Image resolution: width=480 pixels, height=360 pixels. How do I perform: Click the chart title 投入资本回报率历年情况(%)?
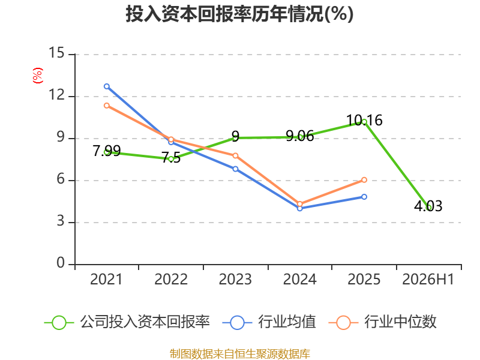coord(239,14)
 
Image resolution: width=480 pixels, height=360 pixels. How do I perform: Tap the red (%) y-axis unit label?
coord(38,76)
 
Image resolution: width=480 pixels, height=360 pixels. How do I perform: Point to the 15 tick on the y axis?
coord(56,53)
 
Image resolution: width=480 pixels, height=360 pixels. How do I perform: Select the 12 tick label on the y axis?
coord(56,95)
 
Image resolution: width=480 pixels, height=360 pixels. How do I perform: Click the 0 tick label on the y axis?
coord(61,263)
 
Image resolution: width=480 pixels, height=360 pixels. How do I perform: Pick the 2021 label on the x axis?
coord(106,280)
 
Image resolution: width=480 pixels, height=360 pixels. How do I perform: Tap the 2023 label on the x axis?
coord(235,280)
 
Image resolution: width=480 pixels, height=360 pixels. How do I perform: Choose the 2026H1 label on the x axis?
coord(428,280)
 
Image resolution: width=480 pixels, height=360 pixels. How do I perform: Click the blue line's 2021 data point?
coord(107,86)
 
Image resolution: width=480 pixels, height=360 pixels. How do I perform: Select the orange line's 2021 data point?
coord(107,106)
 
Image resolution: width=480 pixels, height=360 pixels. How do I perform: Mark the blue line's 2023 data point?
coord(235,169)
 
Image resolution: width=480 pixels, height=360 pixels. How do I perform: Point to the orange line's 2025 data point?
coord(364,180)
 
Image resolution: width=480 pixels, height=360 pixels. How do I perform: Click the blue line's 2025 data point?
coord(364,197)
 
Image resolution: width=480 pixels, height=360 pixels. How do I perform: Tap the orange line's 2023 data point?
coord(235,156)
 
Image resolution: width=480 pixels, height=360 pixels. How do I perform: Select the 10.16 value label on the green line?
coord(364,121)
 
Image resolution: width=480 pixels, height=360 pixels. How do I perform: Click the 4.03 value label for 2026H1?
coord(428,206)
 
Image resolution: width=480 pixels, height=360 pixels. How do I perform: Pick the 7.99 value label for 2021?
coord(107,151)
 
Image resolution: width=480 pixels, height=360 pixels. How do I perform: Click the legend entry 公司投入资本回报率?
coord(127,322)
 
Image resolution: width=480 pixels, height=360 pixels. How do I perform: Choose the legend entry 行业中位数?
coord(382,322)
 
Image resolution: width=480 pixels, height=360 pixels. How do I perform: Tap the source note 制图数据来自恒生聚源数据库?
coord(240,354)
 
